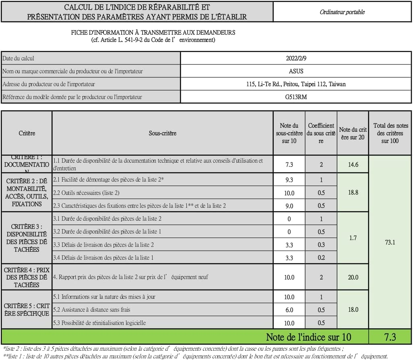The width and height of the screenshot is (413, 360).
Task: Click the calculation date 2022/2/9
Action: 296,58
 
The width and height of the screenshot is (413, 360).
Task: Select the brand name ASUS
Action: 296,71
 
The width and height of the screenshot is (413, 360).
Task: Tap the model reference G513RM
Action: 296,97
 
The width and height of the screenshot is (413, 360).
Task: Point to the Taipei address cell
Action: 296,84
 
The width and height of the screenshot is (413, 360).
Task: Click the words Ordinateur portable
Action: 342,12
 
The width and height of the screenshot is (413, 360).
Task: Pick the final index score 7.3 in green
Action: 390,337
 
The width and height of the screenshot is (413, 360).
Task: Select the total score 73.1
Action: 390,242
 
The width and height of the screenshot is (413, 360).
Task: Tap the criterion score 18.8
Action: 353,192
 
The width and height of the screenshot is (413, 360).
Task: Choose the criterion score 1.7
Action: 353,238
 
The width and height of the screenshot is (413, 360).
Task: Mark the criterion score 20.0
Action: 353,277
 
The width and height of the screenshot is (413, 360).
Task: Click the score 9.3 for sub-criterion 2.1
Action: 289,180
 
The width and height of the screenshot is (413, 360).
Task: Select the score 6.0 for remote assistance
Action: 289,310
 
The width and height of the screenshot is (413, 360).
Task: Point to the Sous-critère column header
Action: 162,133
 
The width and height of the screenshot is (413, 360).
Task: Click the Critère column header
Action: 27,133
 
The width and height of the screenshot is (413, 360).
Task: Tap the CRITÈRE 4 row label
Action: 27,277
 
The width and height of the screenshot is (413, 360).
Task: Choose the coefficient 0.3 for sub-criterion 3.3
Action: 321,245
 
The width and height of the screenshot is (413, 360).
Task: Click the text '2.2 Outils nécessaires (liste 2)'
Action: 86,193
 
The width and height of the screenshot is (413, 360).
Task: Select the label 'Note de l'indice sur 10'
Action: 308,337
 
